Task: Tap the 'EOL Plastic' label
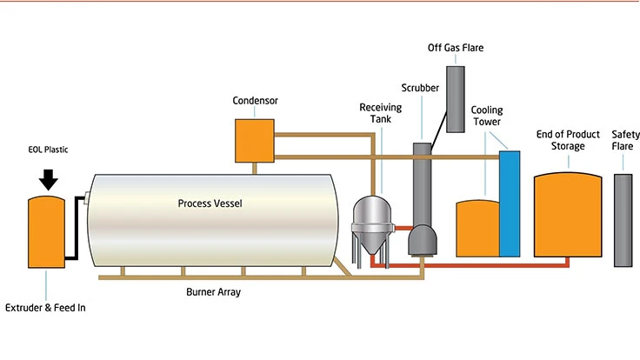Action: click(49, 150)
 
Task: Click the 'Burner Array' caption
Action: click(213, 292)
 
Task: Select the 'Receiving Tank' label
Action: click(379, 113)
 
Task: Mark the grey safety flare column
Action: click(623, 219)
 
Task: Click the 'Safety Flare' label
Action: click(625, 140)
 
